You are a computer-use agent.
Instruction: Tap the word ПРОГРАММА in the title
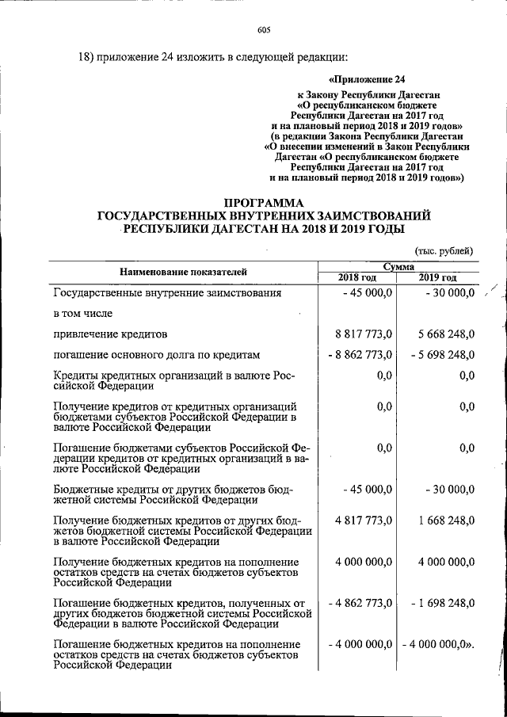(x=263, y=202)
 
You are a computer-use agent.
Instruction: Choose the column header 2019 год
(x=438, y=277)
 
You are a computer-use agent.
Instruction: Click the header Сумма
(x=398, y=267)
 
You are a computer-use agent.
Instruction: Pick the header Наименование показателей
(x=183, y=272)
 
